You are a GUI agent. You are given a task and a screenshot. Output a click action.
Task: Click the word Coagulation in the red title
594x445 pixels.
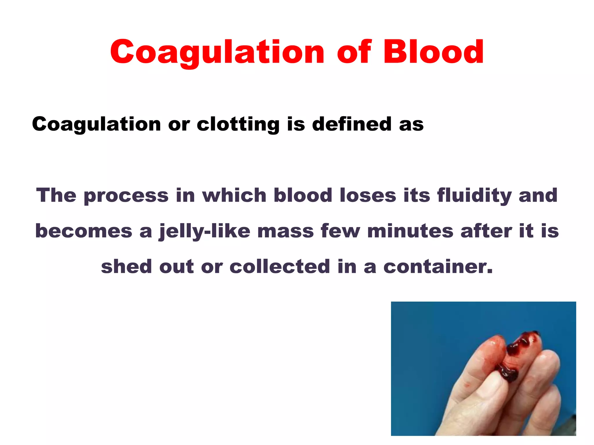217,52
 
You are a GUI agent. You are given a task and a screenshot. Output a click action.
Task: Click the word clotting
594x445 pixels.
238,124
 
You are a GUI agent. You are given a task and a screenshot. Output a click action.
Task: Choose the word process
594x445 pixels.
126,196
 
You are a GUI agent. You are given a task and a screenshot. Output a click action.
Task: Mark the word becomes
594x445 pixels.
84,231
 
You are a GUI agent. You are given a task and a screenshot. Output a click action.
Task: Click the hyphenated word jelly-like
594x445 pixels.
204,231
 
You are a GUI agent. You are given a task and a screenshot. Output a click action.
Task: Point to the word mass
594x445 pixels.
285,231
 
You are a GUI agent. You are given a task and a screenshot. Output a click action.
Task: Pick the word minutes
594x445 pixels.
410,231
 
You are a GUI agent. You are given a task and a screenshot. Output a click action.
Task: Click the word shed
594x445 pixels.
126,266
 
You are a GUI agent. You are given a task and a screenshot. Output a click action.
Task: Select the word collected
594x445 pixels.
280,266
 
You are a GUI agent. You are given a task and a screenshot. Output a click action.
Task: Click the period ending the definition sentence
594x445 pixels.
490,272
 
